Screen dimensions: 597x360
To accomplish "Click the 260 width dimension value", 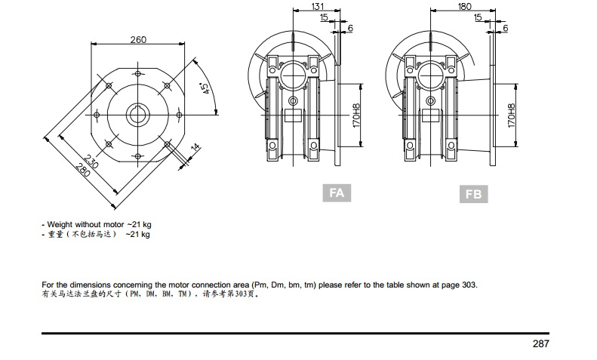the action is tap(138, 39).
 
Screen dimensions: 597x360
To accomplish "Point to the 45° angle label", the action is tap(205, 88).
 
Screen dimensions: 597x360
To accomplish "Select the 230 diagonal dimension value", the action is tap(91, 162).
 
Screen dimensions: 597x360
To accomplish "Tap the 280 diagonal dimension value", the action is tap(82, 171).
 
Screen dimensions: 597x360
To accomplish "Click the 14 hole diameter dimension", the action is tap(195, 147).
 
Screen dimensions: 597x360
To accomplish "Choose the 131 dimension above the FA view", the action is tap(318, 7).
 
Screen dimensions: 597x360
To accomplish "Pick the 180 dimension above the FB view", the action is tap(464, 7).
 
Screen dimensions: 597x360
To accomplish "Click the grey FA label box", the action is tap(337, 193).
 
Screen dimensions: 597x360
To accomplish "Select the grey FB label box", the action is tap(474, 194).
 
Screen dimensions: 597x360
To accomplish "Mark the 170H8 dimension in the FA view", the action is tap(356, 115).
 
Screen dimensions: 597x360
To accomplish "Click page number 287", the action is tap(541, 343).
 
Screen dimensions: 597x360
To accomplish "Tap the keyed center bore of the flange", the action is tap(138, 115).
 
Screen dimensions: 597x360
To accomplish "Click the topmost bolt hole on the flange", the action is tap(138, 74).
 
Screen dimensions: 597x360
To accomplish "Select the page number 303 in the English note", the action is tap(469, 285).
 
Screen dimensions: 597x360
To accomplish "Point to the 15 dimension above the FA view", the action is tap(324, 17).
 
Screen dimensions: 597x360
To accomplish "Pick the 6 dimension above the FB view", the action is tap(506, 28).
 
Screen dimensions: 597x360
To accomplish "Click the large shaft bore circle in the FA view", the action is tap(293, 75).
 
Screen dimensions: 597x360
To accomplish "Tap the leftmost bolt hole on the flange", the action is tap(97, 115).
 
